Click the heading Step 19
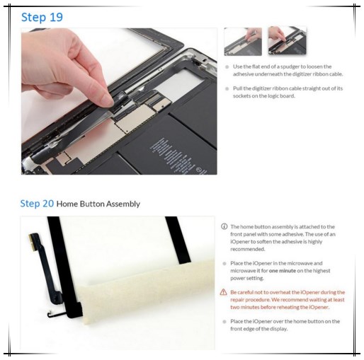coord(42,16)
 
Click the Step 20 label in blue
coord(37,204)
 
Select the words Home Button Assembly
coord(98,204)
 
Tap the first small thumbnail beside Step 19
coord(243,41)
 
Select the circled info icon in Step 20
coord(224,226)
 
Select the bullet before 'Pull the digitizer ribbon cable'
coord(227,88)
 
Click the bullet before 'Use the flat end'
coord(227,66)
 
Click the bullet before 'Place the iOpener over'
coord(224,321)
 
